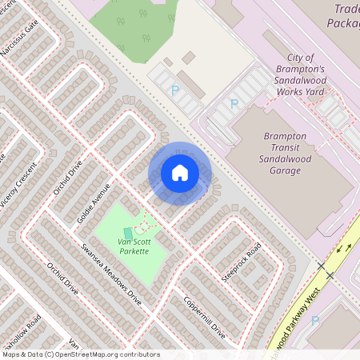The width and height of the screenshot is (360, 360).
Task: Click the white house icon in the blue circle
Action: point(180,172)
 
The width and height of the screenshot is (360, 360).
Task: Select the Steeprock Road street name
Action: point(242,265)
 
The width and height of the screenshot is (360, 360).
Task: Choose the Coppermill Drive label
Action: point(205,318)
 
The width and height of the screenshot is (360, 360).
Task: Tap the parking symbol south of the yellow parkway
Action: point(314,320)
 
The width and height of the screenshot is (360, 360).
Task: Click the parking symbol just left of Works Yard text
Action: point(234,103)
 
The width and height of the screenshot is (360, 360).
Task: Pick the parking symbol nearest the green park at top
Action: point(175,90)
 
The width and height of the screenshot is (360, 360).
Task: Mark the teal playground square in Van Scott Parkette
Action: point(128,233)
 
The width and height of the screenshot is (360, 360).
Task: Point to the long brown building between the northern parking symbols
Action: point(191,83)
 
